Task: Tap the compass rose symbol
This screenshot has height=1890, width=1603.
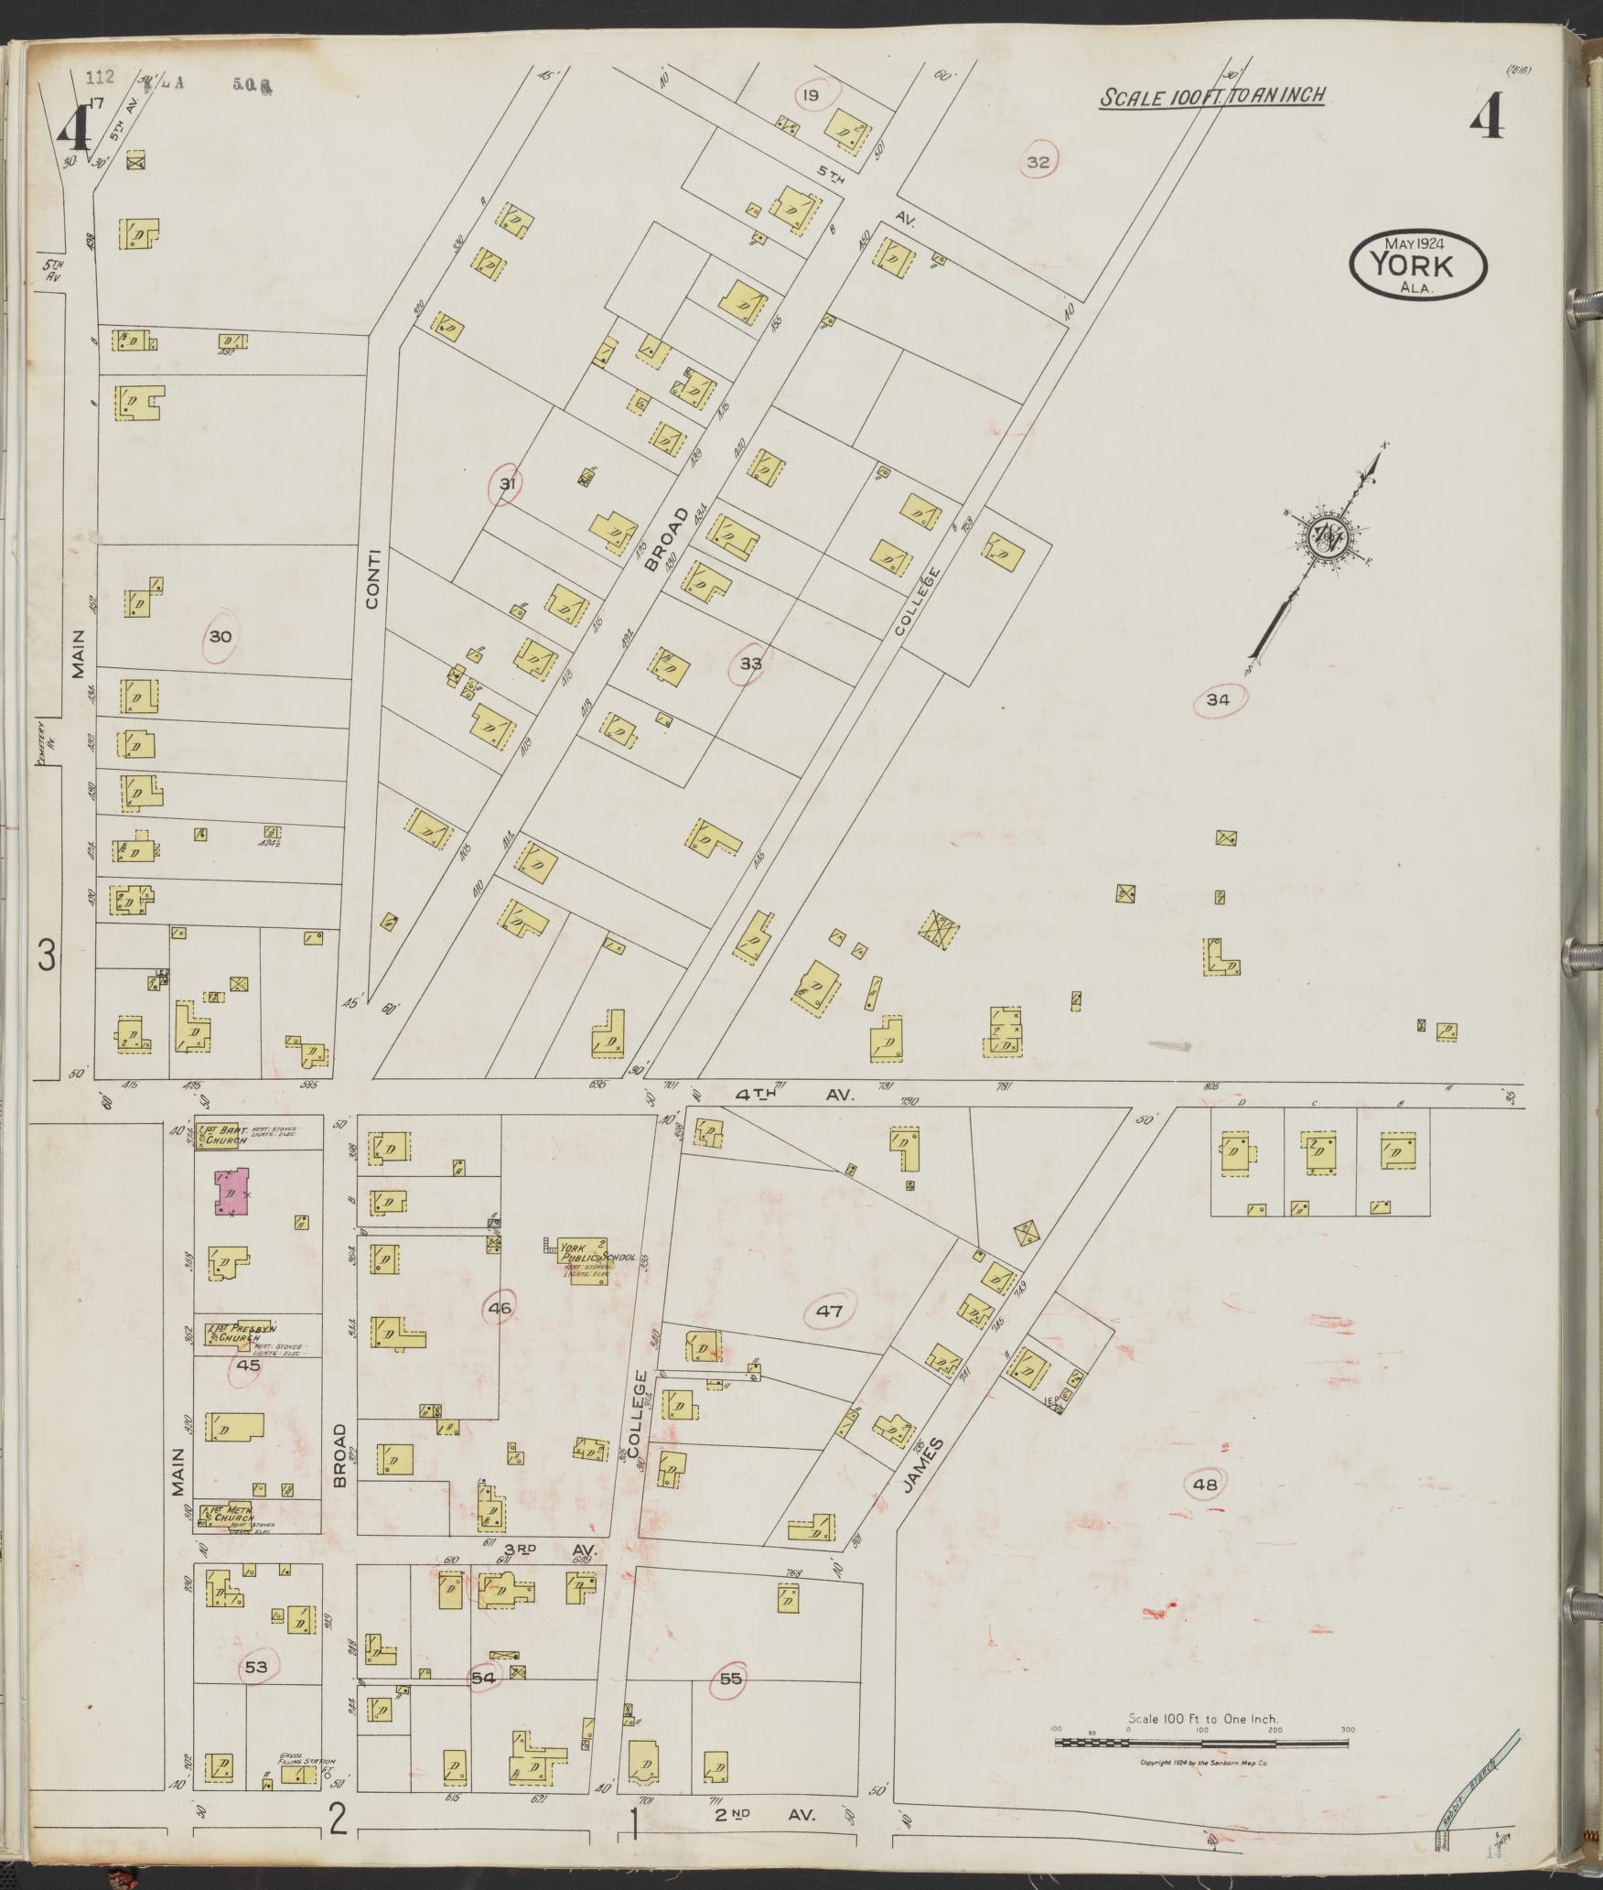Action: (x=1326, y=539)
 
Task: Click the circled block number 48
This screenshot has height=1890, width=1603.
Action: (x=1205, y=1485)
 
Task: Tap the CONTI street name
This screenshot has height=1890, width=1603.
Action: (x=373, y=578)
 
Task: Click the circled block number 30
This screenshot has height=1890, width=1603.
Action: (x=221, y=636)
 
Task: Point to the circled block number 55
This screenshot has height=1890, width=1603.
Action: (x=730, y=1679)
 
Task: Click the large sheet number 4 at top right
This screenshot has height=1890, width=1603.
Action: (x=1487, y=117)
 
